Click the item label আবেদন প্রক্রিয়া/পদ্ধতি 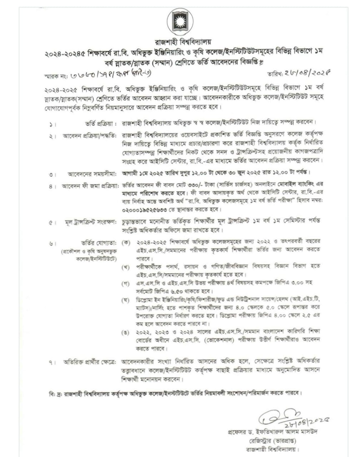(90, 136)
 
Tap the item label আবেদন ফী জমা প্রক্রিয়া (90, 186)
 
